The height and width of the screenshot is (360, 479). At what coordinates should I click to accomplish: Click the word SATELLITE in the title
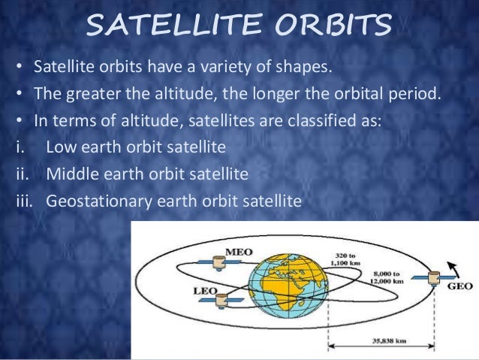pyautogui.click(x=174, y=24)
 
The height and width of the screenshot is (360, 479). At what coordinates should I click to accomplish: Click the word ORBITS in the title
pyautogui.click(x=333, y=24)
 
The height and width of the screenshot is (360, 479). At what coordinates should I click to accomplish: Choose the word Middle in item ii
pyautogui.click(x=73, y=174)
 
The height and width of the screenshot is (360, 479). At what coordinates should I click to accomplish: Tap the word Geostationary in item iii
pyautogui.click(x=99, y=201)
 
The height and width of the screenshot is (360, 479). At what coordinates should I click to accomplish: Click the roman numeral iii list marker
pyautogui.click(x=24, y=201)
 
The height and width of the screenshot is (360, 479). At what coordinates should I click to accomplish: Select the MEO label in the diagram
pyautogui.click(x=239, y=253)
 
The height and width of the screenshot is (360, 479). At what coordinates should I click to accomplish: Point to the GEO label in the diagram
pyautogui.click(x=459, y=286)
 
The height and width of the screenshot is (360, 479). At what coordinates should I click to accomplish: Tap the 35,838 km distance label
pyautogui.click(x=389, y=340)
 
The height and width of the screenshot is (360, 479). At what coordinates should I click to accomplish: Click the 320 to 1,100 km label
pyautogui.click(x=345, y=259)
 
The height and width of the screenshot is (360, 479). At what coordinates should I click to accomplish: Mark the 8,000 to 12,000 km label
pyautogui.click(x=387, y=277)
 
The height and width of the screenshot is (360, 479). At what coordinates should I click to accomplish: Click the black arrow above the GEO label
pyautogui.click(x=453, y=270)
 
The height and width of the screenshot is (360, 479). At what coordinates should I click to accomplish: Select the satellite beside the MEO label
pyautogui.click(x=219, y=263)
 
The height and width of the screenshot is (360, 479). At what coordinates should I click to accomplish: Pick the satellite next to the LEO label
pyautogui.click(x=221, y=301)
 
